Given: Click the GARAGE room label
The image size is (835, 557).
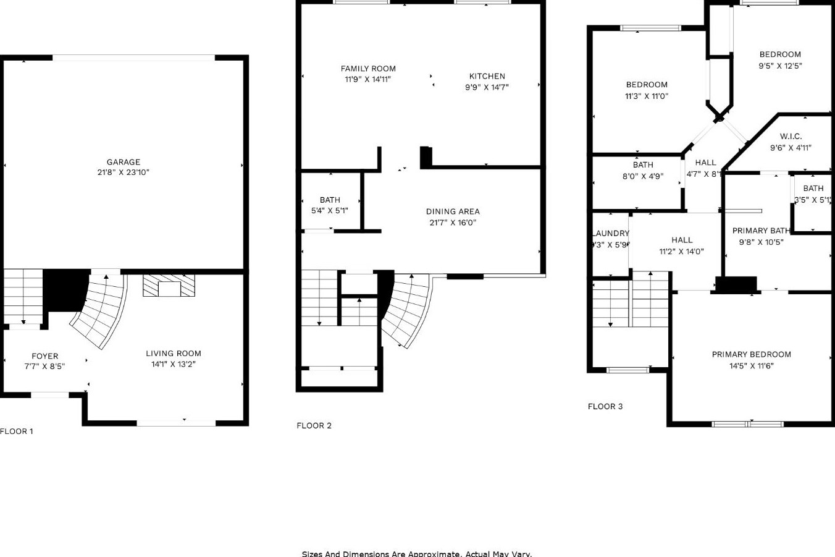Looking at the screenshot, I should coord(123,162).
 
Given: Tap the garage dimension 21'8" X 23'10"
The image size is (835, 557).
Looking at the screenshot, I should coord(123,172).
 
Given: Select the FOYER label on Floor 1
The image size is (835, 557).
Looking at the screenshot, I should coord(44,356).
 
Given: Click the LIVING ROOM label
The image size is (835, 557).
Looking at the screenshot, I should coord(174,354).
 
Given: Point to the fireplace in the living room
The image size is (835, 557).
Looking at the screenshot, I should coord(169,286).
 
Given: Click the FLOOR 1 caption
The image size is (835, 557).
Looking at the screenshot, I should coord(17,432).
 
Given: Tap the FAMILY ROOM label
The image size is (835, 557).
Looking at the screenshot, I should coord(368,69).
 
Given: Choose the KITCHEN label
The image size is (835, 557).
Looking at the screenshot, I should coord(487,76).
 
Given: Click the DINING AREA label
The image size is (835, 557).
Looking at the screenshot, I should coord(453,211).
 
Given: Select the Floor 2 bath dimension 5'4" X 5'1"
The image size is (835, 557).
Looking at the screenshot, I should coord(330,211).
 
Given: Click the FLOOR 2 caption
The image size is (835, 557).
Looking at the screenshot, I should coord(314,425).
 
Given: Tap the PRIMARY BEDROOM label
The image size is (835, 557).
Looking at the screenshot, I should coord(751,354).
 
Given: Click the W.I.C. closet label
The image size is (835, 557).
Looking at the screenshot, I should coord(791,137).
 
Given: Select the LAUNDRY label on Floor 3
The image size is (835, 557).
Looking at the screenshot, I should coord(611,233).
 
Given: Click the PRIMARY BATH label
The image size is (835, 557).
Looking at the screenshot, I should coord(761,231).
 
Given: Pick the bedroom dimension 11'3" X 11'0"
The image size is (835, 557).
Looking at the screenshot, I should coord(647,96).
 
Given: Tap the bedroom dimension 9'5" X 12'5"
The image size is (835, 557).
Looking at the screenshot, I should coord(780,66).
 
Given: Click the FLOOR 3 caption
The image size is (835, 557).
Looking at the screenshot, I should coord(605,406).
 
